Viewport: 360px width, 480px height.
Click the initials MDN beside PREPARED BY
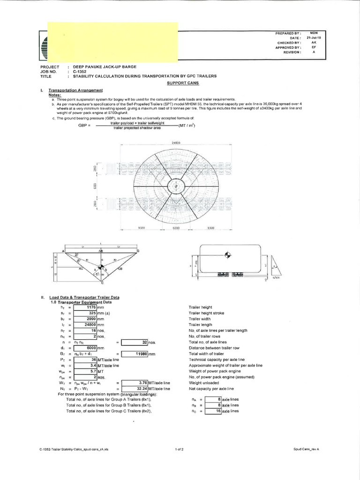(314, 32)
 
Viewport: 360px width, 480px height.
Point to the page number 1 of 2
(180, 449)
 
